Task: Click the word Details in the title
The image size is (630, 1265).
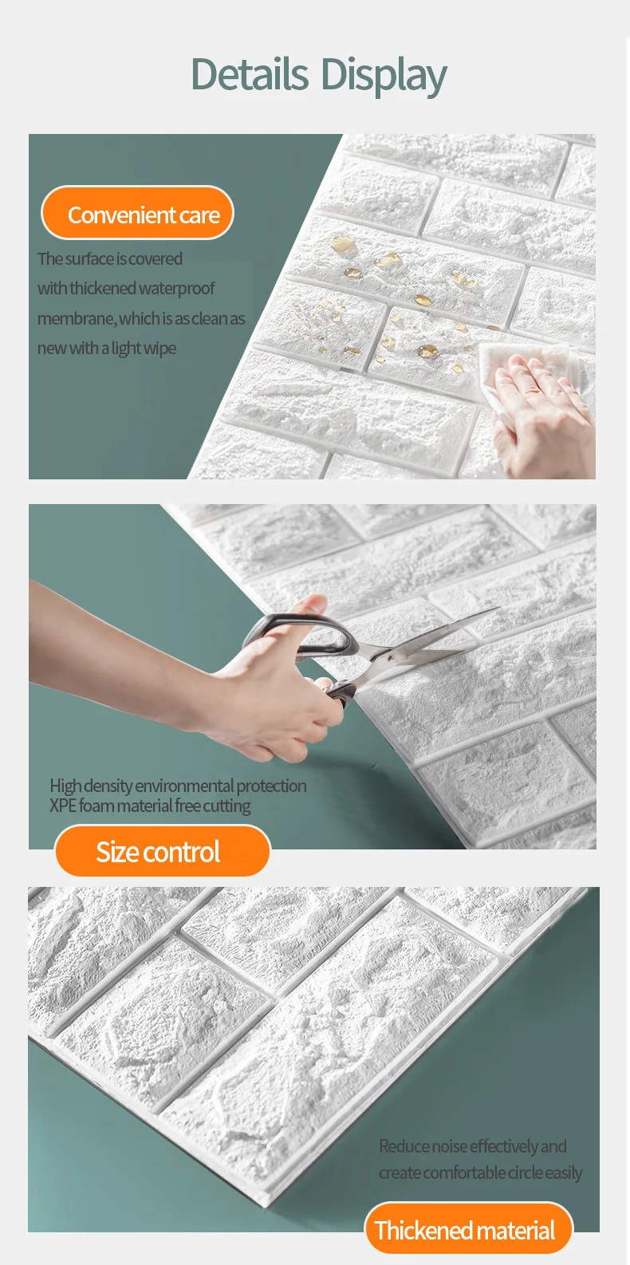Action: pyautogui.click(x=250, y=74)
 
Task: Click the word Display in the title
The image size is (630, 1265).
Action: pyautogui.click(x=384, y=77)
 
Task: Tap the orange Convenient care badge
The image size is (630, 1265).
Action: pyautogui.click(x=137, y=213)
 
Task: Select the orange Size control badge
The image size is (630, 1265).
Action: pyautogui.click(x=163, y=851)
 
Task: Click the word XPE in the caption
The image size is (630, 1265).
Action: pyautogui.click(x=63, y=806)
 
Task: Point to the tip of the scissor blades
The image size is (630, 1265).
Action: pyautogui.click(x=498, y=609)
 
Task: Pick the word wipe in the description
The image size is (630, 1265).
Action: pyautogui.click(x=160, y=349)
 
